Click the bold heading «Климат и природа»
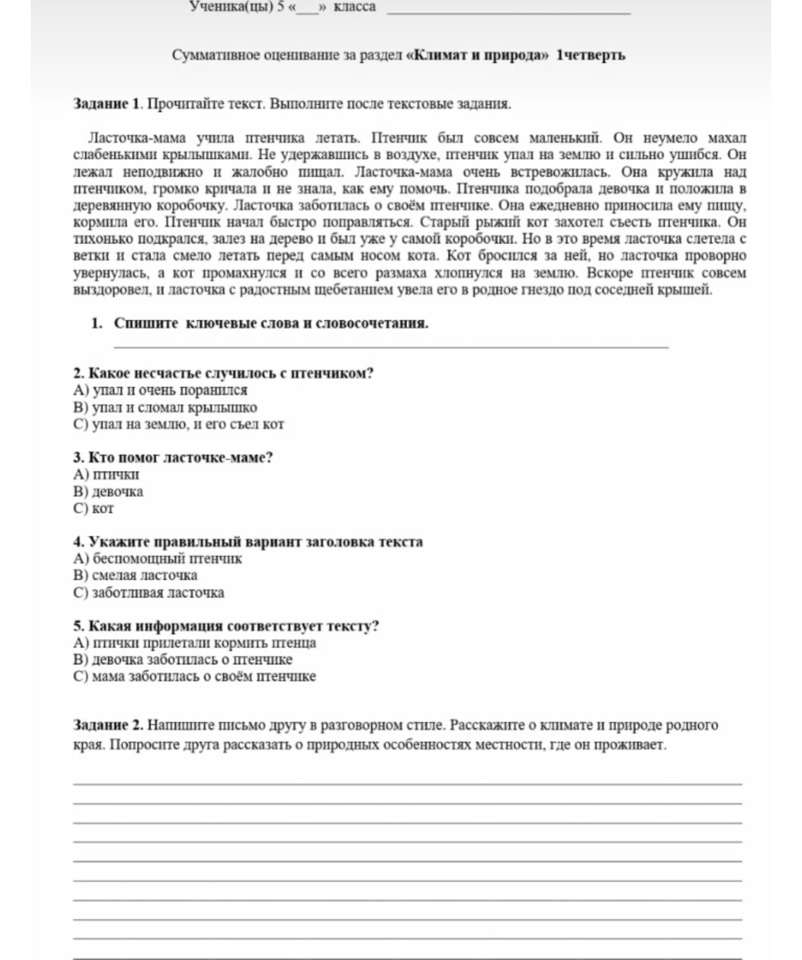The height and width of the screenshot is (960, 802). pos(477,55)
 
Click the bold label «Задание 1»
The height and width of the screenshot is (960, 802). pos(107,104)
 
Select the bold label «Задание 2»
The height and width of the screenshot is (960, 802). pos(108,725)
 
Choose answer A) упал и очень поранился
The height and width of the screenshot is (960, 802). pos(160,390)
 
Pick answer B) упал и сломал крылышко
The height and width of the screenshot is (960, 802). pos(165,408)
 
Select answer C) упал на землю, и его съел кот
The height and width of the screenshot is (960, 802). pos(179,424)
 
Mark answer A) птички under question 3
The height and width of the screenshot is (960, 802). pos(106,475)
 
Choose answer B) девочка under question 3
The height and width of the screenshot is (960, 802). pos(108,492)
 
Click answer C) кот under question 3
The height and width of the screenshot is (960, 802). pos(93,508)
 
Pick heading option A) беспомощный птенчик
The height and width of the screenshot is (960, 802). pos(158,559)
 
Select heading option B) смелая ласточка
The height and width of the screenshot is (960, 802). pos(135,575)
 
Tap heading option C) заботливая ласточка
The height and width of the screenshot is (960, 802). pos(149,592)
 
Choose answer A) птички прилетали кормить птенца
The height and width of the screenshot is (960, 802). pos(195,643)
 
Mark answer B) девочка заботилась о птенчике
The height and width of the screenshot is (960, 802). pos(183,659)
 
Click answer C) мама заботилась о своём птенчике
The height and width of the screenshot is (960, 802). pos(195,677)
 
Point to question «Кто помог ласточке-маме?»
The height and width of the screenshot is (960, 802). pos(173,458)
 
